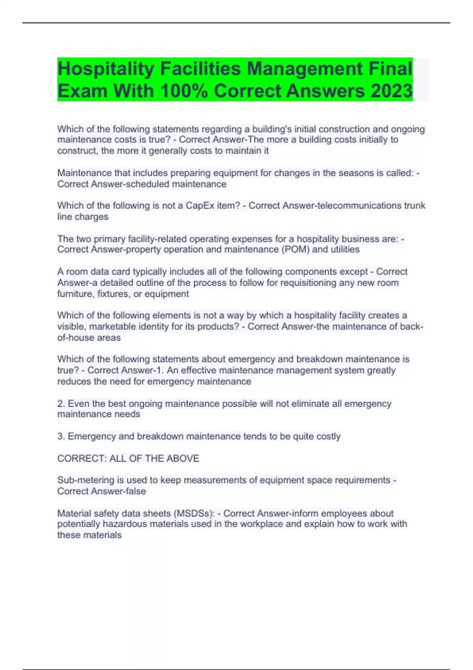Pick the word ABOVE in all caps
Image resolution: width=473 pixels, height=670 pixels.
(183, 458)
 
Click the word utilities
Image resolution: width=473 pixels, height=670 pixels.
(345, 249)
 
